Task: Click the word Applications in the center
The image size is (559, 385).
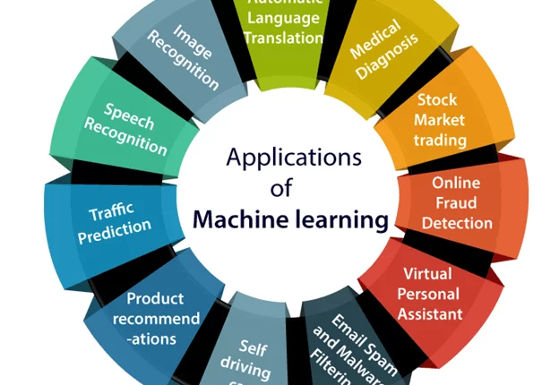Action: pyautogui.click(x=294, y=160)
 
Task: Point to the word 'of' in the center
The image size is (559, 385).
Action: pyautogui.click(x=283, y=190)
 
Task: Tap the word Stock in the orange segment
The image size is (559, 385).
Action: pyautogui.click(x=436, y=101)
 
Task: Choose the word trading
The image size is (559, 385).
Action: pyautogui.click(x=440, y=141)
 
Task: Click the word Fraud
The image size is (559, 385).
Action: pyautogui.click(x=457, y=202)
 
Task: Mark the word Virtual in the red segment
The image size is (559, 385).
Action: pyautogui.click(x=427, y=274)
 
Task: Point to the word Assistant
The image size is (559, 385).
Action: pyautogui.click(x=432, y=313)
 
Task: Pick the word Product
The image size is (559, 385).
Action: pyautogui.click(x=155, y=298)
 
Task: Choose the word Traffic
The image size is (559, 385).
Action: pyautogui.click(x=111, y=213)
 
